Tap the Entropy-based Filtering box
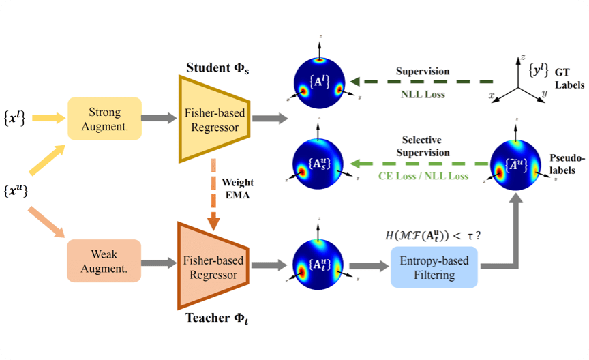pos(434,267)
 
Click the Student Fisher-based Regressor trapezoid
pos(213,119)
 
